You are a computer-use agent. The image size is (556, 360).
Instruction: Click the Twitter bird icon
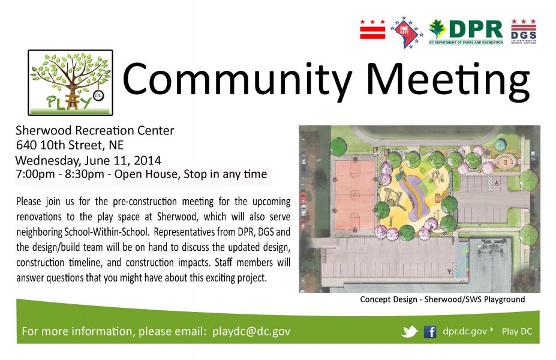coord(410,332)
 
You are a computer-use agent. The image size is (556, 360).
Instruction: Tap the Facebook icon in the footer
coord(430,332)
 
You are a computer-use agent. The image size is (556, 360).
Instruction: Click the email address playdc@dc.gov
coord(251,331)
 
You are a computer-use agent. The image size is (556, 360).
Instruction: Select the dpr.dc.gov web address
coord(464,331)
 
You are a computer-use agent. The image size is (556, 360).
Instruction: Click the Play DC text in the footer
coord(517,332)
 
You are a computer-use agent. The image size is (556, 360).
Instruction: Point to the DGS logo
coord(524,32)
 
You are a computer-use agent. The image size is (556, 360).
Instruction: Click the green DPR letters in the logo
coord(476,29)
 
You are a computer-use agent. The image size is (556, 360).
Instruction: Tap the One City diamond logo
coord(407,32)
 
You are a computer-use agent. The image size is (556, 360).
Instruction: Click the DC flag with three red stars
coord(372,29)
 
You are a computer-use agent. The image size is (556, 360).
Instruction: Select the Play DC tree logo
coord(71,83)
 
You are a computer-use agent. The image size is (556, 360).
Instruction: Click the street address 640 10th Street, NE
coord(70,145)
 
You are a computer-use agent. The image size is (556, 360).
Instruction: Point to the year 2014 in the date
coord(148,160)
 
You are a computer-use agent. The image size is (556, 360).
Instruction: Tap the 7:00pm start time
coord(35,174)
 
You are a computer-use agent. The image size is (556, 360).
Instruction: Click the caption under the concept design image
coord(443,299)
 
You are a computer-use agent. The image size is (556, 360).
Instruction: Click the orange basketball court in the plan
coord(355,195)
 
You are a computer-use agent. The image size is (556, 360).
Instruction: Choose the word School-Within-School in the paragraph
coord(106,232)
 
